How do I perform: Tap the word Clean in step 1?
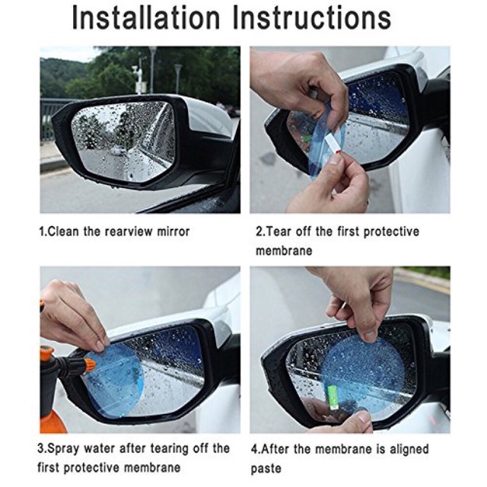66,231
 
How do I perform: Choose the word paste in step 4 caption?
268,468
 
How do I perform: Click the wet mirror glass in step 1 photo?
122,141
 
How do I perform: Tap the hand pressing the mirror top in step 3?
72,312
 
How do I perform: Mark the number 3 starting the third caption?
43,448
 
